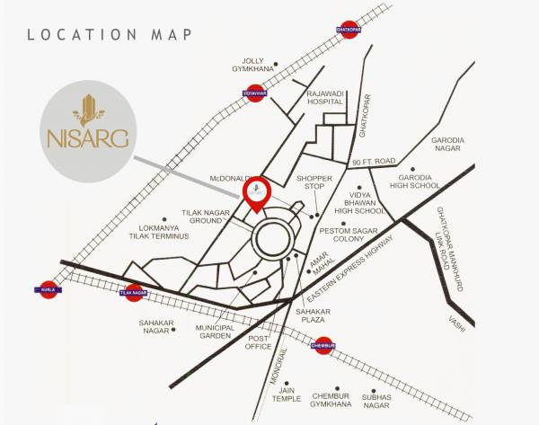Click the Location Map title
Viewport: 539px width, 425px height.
(x=110, y=35)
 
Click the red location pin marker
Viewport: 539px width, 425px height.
(x=255, y=191)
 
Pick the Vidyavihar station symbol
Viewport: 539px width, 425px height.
(x=255, y=92)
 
